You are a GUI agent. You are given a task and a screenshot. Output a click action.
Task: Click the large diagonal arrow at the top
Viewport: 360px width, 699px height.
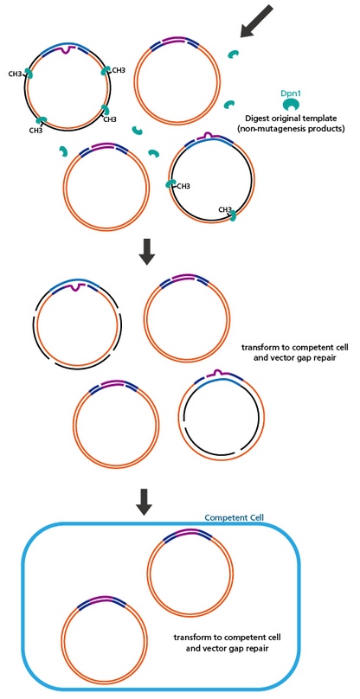pyautogui.click(x=256, y=21)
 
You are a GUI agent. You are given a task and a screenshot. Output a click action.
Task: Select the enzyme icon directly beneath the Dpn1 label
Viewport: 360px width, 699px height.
pyautogui.click(x=292, y=105)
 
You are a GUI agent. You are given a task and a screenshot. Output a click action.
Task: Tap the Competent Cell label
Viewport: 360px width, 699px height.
pyautogui.click(x=235, y=517)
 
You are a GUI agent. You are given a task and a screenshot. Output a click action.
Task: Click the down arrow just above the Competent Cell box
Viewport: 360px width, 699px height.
pyautogui.click(x=146, y=501)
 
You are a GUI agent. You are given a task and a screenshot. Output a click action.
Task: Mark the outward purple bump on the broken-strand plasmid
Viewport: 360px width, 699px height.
pyautogui.click(x=217, y=373)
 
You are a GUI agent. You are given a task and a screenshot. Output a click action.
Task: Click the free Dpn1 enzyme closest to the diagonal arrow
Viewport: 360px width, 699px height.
pyautogui.click(x=234, y=55)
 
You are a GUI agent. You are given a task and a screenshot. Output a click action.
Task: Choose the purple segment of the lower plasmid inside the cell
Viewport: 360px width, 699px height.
pyautogui.click(x=103, y=599)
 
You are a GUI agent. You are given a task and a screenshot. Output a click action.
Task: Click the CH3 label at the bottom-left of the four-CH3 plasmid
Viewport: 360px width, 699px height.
pyautogui.click(x=36, y=130)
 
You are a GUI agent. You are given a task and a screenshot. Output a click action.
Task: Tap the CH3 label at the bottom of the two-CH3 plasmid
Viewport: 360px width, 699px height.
pyautogui.click(x=225, y=209)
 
